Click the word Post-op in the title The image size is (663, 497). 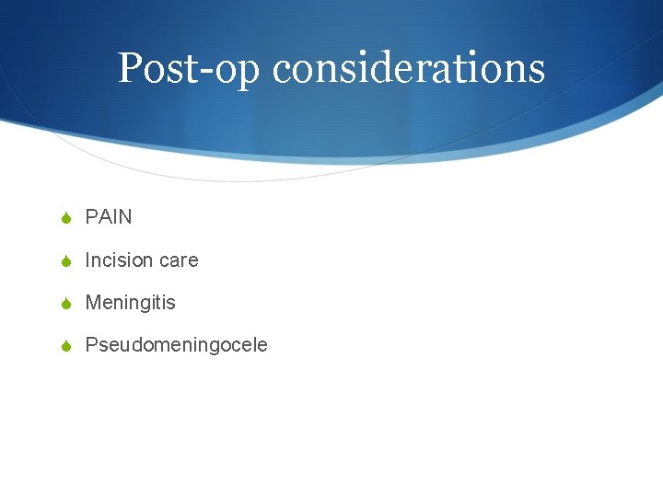click(191, 68)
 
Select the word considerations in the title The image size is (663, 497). click(409, 68)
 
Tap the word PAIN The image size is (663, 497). click(109, 217)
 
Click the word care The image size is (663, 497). click(179, 260)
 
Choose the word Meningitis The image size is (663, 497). click(130, 303)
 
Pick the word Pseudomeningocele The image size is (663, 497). click(176, 345)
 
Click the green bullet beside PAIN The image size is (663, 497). click(64, 218)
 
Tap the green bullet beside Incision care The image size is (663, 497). click(64, 261)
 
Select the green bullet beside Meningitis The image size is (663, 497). click(64, 304)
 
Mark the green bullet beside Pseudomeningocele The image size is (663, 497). click(64, 346)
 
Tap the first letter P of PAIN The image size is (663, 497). click(91, 217)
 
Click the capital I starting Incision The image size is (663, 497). click(87, 260)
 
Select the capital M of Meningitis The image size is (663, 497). click(92, 303)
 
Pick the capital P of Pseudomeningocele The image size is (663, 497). click(91, 345)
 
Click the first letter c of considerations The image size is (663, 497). click(283, 72)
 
